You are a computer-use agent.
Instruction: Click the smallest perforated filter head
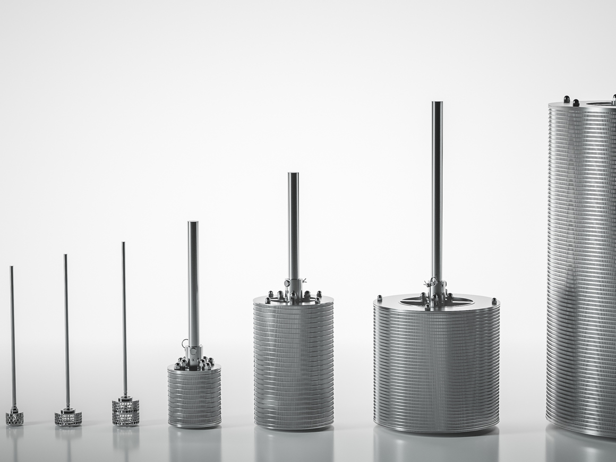tap(14, 418)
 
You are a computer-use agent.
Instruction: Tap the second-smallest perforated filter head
tap(68, 418)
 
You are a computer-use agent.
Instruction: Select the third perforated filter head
tap(125, 413)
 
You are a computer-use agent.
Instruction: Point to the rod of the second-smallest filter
tap(66, 329)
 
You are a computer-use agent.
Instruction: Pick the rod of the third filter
tap(124, 319)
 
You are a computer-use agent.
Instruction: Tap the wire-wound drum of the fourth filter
tap(194, 398)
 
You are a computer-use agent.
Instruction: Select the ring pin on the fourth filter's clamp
tap(185, 344)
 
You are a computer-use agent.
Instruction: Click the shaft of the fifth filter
tap(293, 223)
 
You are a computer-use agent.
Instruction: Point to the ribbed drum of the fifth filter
tap(294, 366)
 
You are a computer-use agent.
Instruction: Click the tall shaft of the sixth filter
tap(437, 186)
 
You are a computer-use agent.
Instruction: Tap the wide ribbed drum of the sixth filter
tap(437, 372)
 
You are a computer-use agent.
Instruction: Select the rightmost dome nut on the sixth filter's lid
tap(494, 301)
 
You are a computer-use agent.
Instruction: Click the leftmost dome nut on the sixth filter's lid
tap(380, 298)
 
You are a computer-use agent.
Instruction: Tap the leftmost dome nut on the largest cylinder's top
tap(567, 99)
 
